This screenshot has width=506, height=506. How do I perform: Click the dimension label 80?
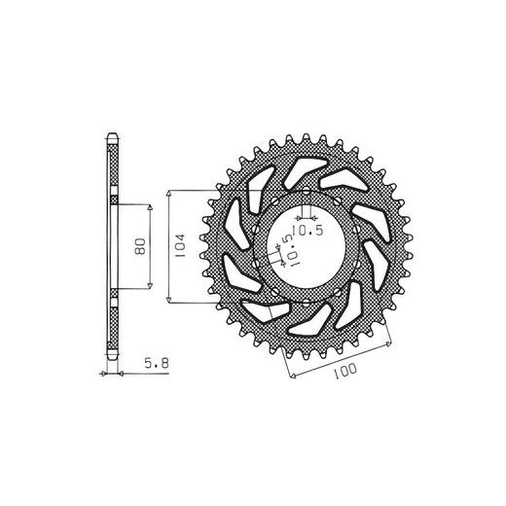point(141,246)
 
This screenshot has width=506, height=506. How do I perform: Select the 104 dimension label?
point(179,246)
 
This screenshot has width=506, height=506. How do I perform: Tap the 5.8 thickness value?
point(157,363)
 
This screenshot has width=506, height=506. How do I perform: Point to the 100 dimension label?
point(344,371)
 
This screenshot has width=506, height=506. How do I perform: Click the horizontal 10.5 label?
point(307,231)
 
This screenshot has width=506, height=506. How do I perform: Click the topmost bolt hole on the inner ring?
point(307,191)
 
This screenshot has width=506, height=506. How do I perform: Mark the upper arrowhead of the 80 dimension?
point(150,207)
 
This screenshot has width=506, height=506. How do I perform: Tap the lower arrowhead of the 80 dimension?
point(150,285)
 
